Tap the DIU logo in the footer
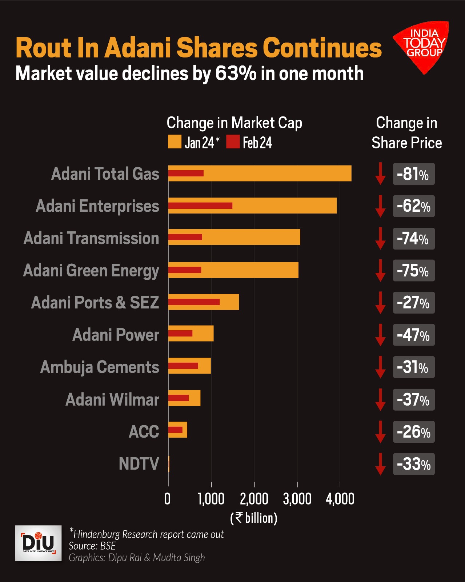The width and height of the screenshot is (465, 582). [x=38, y=543]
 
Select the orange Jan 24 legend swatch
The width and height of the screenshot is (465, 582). [x=175, y=142]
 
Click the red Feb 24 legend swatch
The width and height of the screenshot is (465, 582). [x=233, y=142]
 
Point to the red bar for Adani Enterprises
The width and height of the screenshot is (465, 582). [x=200, y=206]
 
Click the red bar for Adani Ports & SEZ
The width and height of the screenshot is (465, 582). [x=194, y=302]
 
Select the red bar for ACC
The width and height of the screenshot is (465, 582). [x=175, y=430]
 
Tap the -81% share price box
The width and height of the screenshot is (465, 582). [x=413, y=174]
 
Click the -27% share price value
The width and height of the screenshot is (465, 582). [x=413, y=303]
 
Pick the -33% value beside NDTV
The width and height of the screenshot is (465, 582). [x=413, y=464]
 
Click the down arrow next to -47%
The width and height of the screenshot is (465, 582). [x=380, y=335]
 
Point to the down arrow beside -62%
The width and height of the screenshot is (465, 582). [x=380, y=206]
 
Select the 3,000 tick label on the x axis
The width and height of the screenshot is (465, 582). [x=297, y=499]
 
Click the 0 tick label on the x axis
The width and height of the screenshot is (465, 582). [x=168, y=499]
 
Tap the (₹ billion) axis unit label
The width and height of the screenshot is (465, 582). [x=254, y=518]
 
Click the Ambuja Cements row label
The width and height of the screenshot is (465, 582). [x=100, y=367]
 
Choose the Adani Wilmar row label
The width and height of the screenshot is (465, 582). [x=112, y=399]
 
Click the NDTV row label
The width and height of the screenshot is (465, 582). [x=139, y=464]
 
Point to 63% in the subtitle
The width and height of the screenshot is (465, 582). [x=236, y=73]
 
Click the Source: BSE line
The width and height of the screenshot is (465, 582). [x=92, y=546]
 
